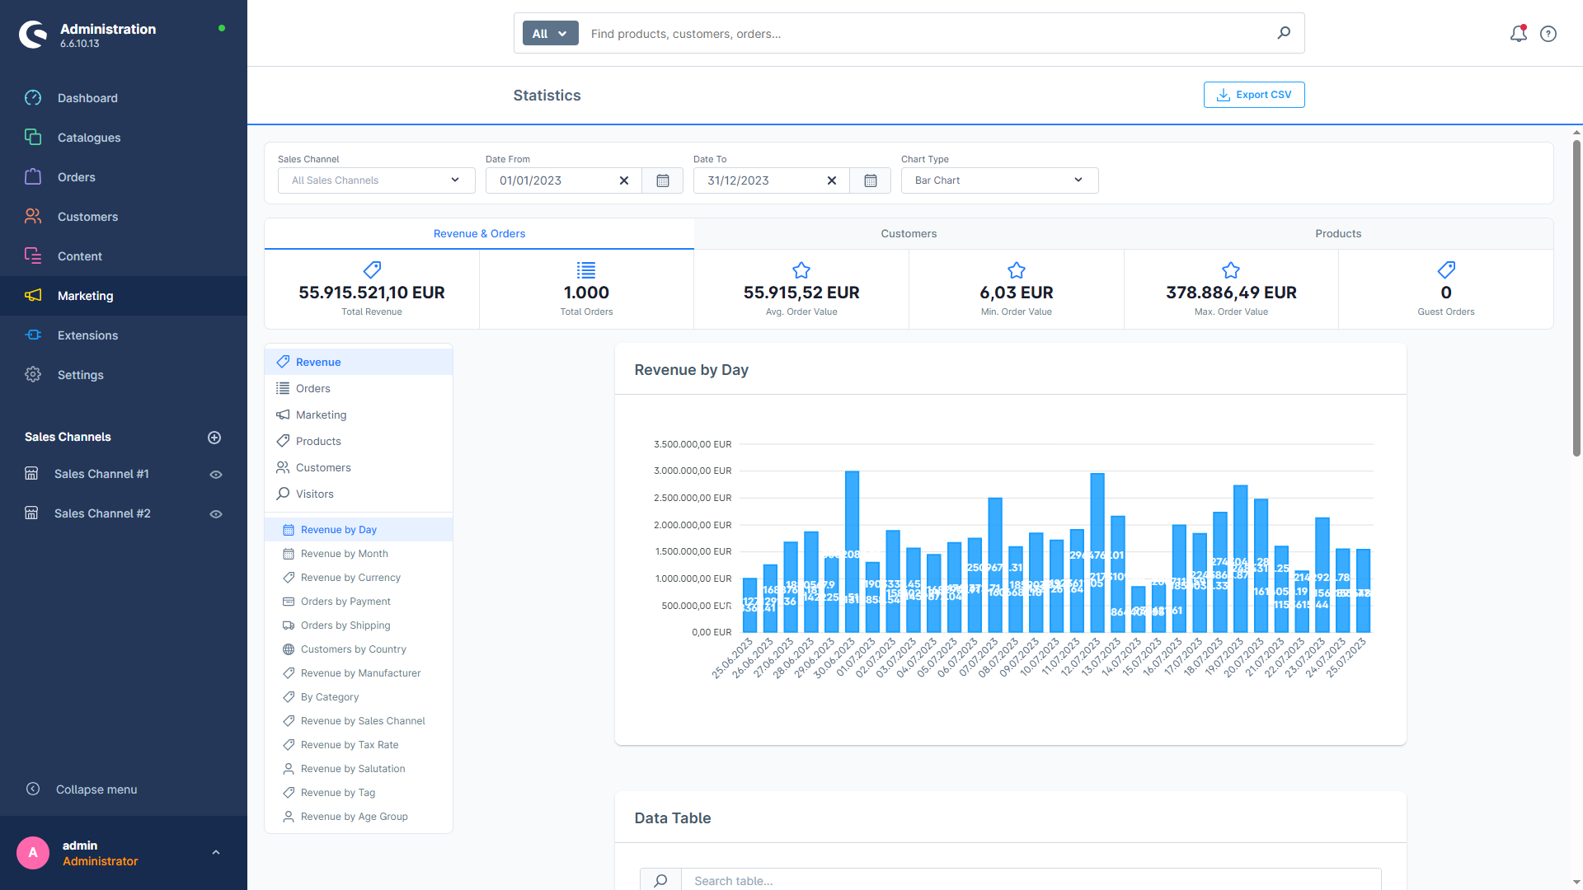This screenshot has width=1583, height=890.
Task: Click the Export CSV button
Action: [1253, 95]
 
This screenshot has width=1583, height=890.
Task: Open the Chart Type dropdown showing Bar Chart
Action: [998, 180]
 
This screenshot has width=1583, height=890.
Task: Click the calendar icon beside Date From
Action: [662, 180]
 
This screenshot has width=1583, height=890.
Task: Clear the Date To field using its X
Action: [831, 180]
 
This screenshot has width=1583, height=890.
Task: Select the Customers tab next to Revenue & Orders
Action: [908, 234]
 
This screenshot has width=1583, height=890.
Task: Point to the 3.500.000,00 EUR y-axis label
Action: [692, 444]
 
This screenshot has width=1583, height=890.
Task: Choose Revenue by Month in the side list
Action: [344, 554]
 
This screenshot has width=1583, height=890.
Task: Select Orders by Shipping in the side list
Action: [345, 625]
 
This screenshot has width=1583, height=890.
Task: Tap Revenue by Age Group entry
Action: [354, 817]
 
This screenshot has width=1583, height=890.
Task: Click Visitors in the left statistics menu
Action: [314, 494]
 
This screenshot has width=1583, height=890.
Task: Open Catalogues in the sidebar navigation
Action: [88, 138]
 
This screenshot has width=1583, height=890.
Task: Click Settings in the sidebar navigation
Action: [80, 375]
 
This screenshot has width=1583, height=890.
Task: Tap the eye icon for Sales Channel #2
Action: [216, 514]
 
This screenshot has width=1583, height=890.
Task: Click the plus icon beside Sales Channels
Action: [214, 438]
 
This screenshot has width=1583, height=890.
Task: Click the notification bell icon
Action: [1518, 34]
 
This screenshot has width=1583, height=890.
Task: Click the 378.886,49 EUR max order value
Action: [1230, 293]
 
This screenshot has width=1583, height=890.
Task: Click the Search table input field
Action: [1031, 880]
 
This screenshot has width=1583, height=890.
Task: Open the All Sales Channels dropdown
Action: [376, 180]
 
